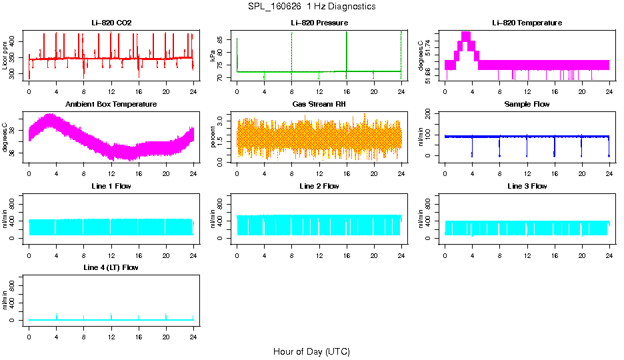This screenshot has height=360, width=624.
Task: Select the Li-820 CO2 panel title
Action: pyautogui.click(x=111, y=23)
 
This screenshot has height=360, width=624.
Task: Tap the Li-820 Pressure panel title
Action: pyautogui.click(x=319, y=23)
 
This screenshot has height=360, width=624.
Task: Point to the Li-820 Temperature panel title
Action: pyautogui.click(x=527, y=23)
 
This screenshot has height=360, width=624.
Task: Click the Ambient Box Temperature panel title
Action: pyautogui.click(x=111, y=104)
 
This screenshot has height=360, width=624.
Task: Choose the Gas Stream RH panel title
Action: pyautogui.click(x=319, y=104)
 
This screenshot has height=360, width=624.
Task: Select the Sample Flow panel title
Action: pyautogui.click(x=527, y=104)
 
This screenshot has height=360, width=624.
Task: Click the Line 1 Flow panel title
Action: pyautogui.click(x=111, y=185)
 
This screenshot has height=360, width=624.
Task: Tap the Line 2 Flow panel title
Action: pyautogui.click(x=319, y=185)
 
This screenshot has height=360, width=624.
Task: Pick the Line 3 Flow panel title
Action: pyautogui.click(x=527, y=185)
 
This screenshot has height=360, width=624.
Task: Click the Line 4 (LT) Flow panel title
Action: pyautogui.click(x=111, y=267)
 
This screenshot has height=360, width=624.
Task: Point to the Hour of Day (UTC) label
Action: pyautogui.click(x=311, y=351)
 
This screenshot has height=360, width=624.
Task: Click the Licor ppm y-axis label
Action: pyautogui.click(x=5, y=55)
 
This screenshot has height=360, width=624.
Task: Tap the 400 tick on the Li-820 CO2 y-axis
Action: pyautogui.click(x=15, y=41)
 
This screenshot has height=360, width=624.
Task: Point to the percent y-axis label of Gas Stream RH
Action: pyautogui.click(x=213, y=137)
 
